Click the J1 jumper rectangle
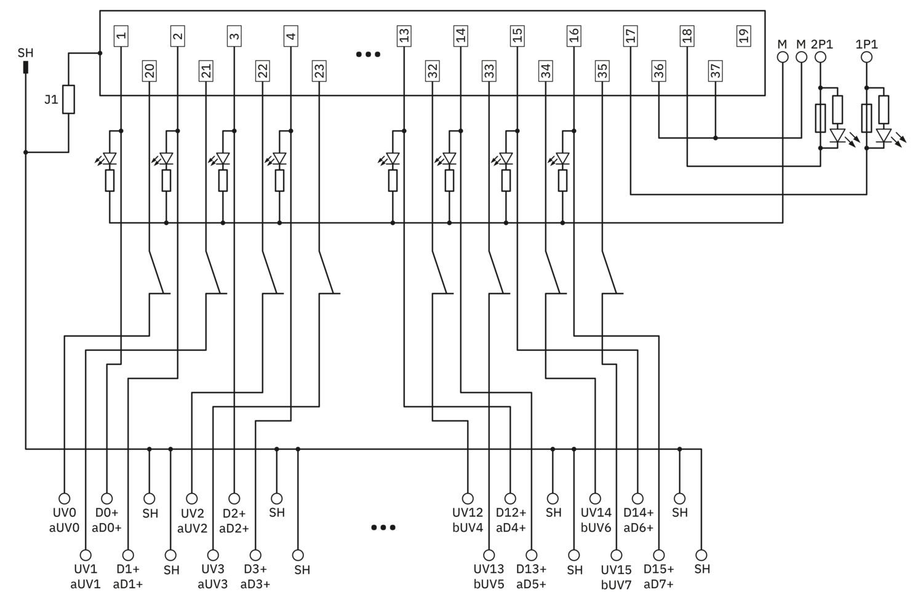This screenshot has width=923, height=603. [x=68, y=100]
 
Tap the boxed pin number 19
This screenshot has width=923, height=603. [x=743, y=36]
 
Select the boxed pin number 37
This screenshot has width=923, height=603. [x=715, y=71]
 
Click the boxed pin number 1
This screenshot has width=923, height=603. [x=121, y=36]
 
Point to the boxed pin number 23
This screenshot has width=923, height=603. [x=319, y=71]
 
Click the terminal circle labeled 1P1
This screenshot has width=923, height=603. [x=866, y=57]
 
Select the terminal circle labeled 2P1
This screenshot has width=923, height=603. [x=820, y=57]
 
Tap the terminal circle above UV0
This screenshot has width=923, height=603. [x=64, y=499]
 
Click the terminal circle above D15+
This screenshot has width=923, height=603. [x=658, y=555]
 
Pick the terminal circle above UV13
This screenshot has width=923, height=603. [x=489, y=555]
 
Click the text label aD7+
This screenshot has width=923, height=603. [x=658, y=585]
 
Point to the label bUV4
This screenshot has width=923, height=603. [x=468, y=527]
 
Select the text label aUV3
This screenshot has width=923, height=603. [x=213, y=585]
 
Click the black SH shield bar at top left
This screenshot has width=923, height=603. [x=26, y=67]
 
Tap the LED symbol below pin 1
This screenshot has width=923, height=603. [x=110, y=159]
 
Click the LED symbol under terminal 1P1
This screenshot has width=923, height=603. [x=884, y=136]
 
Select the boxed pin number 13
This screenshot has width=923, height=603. [x=404, y=36]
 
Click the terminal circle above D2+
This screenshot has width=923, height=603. [x=234, y=499]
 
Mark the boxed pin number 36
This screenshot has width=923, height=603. [x=659, y=71]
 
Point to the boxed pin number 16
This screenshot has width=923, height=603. [x=574, y=36]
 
